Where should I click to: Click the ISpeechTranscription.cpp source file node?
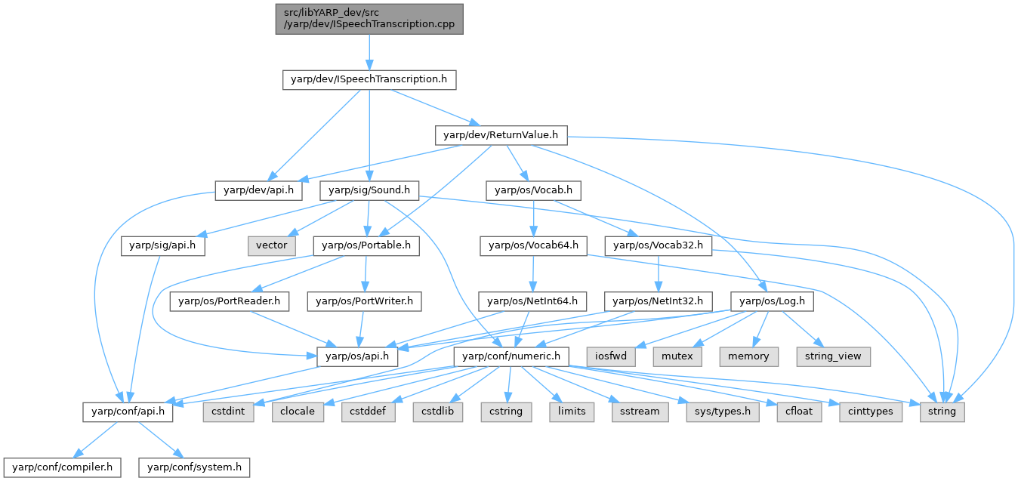click(369, 18)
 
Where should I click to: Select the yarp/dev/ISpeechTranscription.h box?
click(369, 79)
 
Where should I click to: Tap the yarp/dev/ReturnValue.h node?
click(500, 135)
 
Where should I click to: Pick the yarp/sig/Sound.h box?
click(369, 190)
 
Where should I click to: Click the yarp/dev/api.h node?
click(258, 190)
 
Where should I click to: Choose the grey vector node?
click(271, 245)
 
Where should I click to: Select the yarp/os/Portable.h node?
click(366, 245)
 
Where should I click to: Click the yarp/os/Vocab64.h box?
click(533, 245)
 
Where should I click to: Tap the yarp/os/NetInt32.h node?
click(658, 301)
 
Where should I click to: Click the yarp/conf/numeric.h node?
click(510, 356)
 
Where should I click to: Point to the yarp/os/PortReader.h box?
click(230, 301)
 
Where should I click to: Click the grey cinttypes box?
click(871, 412)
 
